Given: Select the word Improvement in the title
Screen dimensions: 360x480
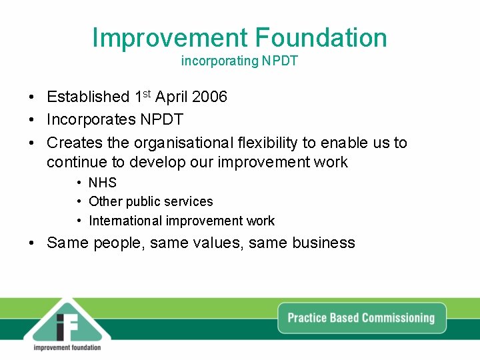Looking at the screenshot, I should pyautogui.click(x=171, y=37).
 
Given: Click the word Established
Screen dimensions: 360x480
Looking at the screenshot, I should pyautogui.click(x=88, y=97).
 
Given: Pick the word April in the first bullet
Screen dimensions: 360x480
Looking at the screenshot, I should pyautogui.click(x=171, y=97).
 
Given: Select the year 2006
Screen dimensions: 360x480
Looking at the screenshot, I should pyautogui.click(x=209, y=97).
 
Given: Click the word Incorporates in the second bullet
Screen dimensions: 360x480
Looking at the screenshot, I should pyautogui.click(x=91, y=120).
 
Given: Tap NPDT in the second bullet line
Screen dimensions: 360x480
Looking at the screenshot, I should pyautogui.click(x=161, y=120).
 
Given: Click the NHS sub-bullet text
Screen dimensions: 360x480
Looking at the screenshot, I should pyautogui.click(x=102, y=183).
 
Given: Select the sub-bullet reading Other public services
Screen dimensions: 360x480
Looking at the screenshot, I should pyautogui.click(x=151, y=201).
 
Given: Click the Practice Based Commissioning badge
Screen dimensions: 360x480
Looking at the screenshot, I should pyautogui.click(x=361, y=318).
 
